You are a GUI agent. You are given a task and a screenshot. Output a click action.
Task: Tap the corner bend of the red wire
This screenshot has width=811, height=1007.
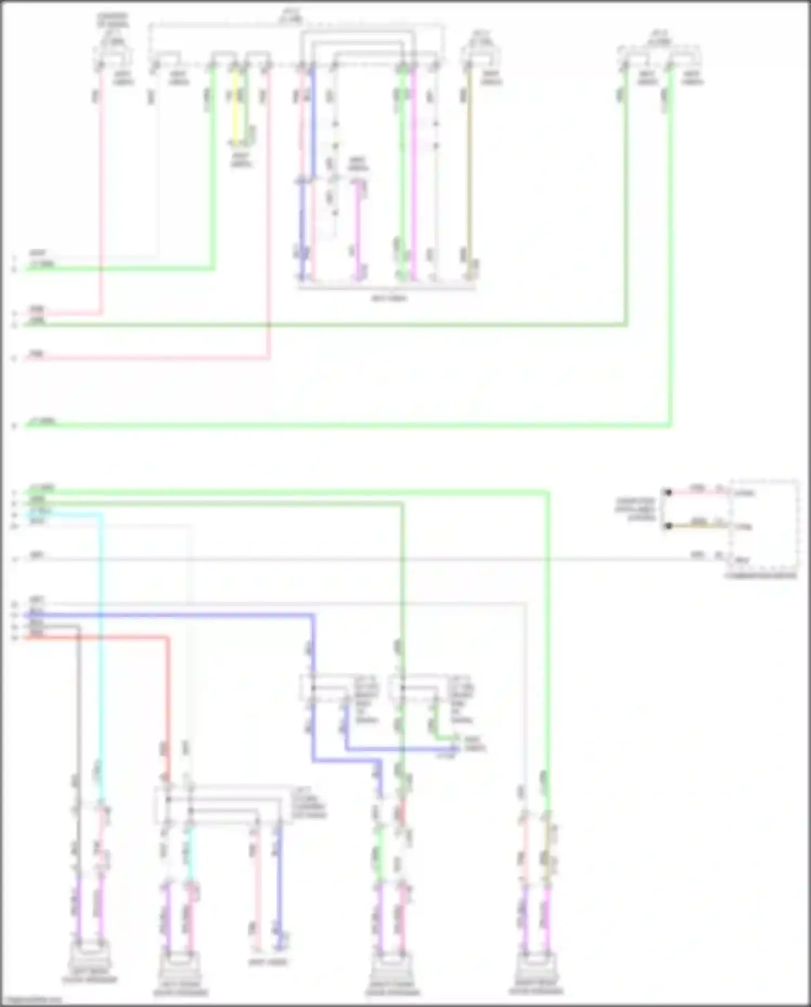tap(168, 639)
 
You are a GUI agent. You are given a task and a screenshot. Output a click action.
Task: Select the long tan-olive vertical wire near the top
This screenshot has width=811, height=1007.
tap(469, 173)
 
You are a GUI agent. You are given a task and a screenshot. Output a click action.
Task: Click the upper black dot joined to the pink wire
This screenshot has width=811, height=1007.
tap(668, 492)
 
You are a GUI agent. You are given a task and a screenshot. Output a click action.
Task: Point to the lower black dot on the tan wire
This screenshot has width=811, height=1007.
tap(668, 526)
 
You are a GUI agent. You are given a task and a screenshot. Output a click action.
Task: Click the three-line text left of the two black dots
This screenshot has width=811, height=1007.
tap(636, 509)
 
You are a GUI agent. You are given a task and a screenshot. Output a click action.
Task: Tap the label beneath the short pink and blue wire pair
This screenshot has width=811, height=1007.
tap(268, 962)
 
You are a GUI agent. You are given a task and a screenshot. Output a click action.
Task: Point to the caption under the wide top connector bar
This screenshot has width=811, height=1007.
tap(389, 298)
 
